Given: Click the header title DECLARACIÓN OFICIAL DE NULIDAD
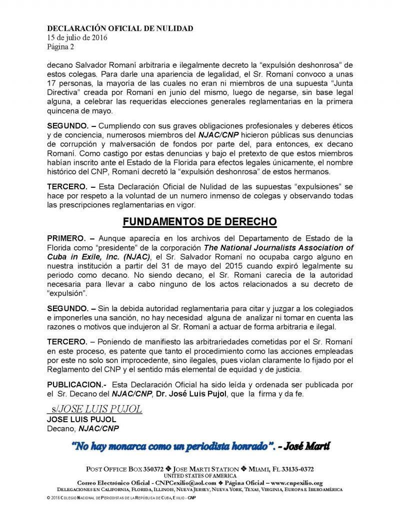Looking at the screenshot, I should click(x=119, y=28).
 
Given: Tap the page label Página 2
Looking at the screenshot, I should click(x=62, y=46).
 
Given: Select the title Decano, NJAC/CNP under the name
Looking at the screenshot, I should click(x=83, y=428).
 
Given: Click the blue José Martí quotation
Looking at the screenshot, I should click(x=200, y=446).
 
